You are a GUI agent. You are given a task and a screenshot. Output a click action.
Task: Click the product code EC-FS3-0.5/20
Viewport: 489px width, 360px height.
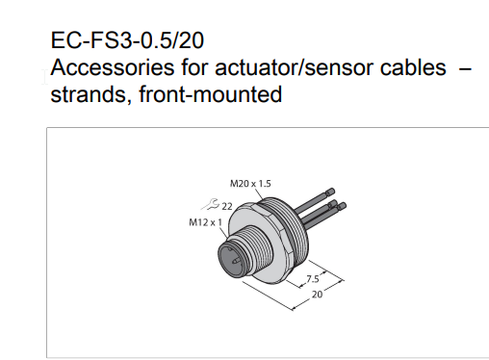pos(127,40)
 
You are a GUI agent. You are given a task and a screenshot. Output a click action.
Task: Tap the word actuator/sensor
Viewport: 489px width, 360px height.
pos(295,67)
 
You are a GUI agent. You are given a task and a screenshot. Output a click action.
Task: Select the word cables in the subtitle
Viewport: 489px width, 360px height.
pos(413,67)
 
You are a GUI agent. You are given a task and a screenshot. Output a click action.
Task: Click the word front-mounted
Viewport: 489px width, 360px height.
pos(211,94)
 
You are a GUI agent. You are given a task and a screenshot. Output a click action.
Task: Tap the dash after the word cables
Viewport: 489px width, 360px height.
pos(465,68)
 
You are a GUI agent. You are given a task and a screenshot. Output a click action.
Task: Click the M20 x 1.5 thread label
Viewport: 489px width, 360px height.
pos(250,184)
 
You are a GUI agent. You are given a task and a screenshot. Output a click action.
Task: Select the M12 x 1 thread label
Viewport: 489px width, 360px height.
pos(205,222)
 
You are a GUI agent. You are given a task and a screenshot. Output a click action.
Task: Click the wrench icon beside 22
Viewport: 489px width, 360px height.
pos(211,204)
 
